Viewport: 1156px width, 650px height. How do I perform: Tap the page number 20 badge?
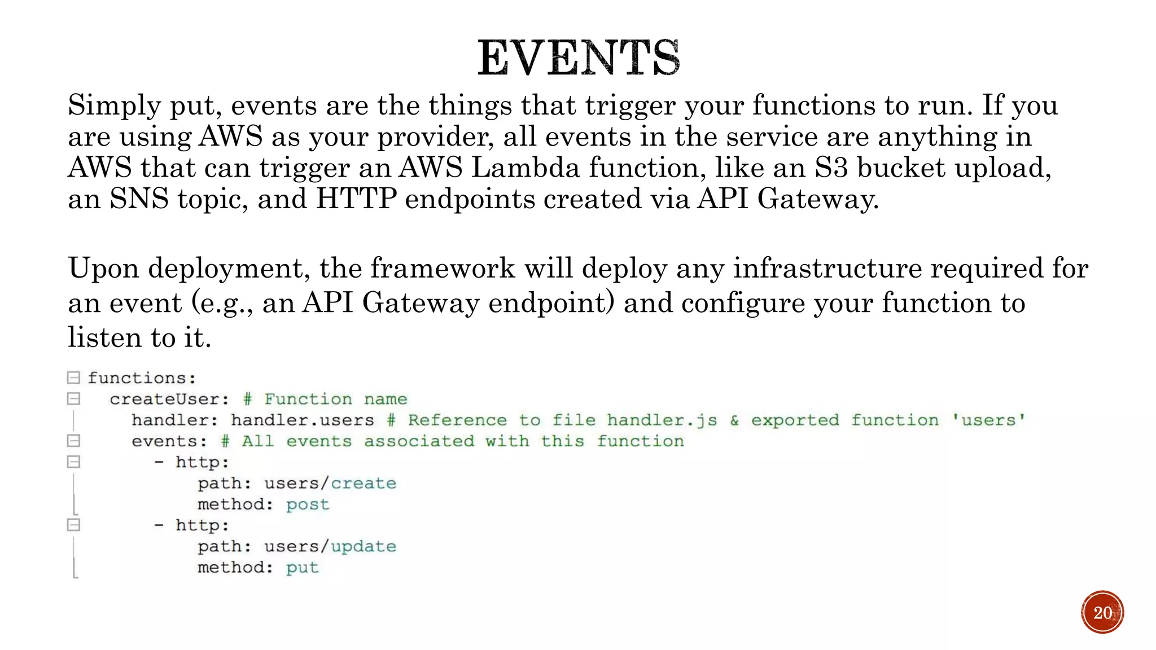[1102, 612]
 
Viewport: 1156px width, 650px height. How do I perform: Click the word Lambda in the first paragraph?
[525, 168]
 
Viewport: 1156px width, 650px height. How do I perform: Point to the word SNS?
[139, 199]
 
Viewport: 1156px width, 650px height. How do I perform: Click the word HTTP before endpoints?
[356, 199]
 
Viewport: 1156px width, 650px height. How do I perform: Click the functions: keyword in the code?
[142, 378]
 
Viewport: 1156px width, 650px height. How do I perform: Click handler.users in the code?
[302, 420]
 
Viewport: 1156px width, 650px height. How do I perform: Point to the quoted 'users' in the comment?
[988, 420]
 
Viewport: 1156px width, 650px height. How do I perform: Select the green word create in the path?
[364, 484]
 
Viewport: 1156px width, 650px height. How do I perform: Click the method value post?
[307, 504]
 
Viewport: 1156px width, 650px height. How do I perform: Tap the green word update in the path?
[364, 547]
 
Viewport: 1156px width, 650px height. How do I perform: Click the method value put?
[302, 568]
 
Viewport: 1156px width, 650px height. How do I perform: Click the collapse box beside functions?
[73, 377]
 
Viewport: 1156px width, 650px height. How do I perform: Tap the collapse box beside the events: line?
[73, 441]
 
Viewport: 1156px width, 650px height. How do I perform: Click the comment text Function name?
[335, 399]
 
